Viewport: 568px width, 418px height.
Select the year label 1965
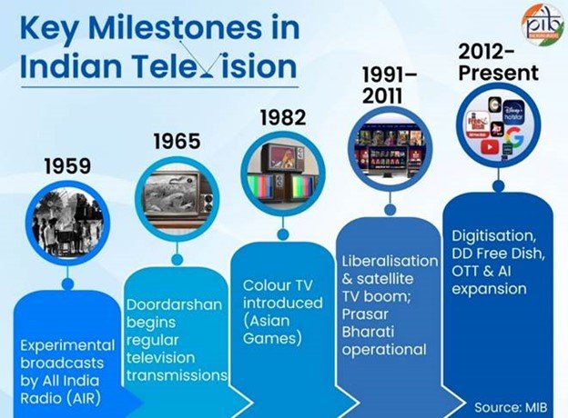coord(177,142)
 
